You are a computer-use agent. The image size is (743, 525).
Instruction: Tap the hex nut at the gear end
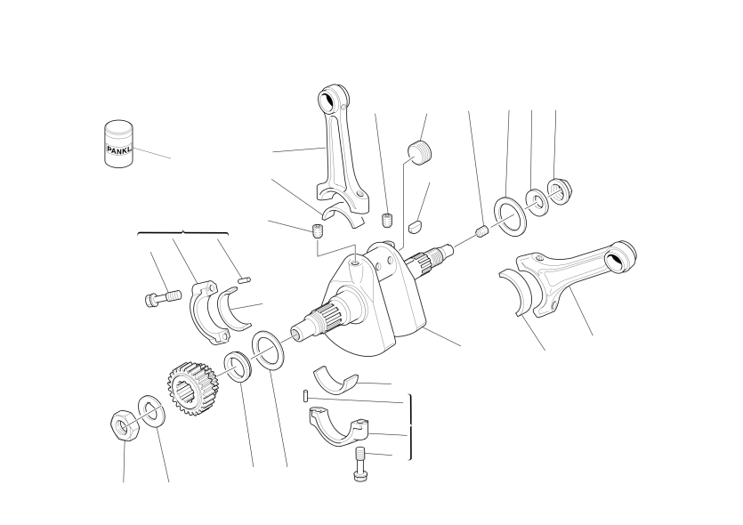coord(125,425)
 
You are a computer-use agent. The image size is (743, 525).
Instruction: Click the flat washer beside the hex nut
coord(151,410)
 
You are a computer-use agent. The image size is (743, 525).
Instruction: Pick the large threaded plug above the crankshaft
coord(420,152)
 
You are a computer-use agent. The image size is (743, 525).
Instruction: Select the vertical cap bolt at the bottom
coord(360,464)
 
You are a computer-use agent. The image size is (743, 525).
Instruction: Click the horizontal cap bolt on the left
coord(163,298)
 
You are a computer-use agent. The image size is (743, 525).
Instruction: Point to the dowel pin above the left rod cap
coord(244,280)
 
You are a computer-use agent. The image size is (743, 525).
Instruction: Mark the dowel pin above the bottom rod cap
coord(306,395)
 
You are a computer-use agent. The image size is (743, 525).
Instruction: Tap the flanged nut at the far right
coord(560,191)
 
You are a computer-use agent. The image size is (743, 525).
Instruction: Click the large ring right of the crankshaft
coord(511,215)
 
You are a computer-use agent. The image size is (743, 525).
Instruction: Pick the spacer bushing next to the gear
coord(238,367)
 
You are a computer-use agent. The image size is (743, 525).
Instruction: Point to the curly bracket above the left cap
coord(183,232)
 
